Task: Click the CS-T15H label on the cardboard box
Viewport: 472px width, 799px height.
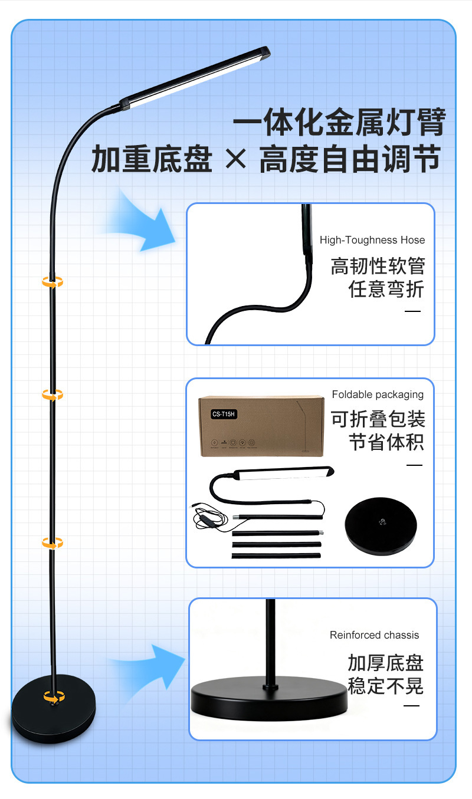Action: pyautogui.click(x=224, y=414)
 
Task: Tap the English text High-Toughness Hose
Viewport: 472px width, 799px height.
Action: pyautogui.click(x=372, y=240)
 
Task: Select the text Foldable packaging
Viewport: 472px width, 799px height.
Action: pyautogui.click(x=378, y=394)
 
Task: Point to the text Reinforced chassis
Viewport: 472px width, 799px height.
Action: pyautogui.click(x=374, y=635)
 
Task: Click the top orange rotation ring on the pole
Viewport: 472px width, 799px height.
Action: pyautogui.click(x=53, y=283)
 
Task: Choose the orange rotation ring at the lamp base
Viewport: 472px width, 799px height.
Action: pyautogui.click(x=54, y=698)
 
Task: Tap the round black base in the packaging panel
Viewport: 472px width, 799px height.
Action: pyautogui.click(x=381, y=524)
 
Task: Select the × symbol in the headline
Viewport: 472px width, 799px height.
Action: pyautogui.click(x=236, y=160)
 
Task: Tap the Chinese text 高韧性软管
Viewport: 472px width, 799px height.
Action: pyautogui.click(x=378, y=266)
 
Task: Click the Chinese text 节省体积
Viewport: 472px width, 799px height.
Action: pyautogui.click(x=386, y=442)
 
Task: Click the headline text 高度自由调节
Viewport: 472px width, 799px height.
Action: pyautogui.click(x=350, y=160)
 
